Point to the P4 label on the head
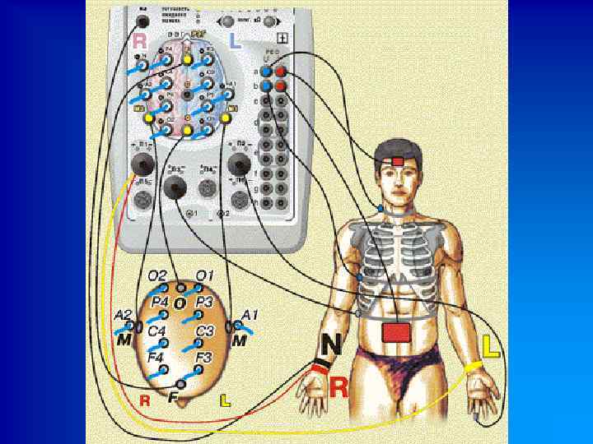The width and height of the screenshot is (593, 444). pos(161,303)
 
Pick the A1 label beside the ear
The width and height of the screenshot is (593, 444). pos(251,313)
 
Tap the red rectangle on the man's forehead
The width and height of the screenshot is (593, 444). pos(399,161)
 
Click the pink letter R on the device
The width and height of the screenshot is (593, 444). pos(141,41)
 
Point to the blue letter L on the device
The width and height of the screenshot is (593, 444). pos(235,41)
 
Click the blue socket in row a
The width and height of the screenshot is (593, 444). pos(267,71)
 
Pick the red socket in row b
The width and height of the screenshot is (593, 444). pos(280,86)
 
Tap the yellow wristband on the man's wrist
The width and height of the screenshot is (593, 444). pos(473,368)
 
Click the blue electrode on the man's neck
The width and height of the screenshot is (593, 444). pos(381,210)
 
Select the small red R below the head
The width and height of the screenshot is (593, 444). pos(145,401)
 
